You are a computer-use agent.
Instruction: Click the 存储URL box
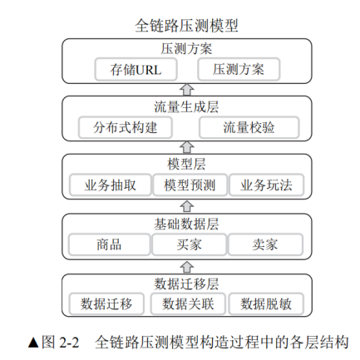(136, 69)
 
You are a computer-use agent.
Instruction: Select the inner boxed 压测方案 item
(239, 69)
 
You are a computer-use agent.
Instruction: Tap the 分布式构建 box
(126, 127)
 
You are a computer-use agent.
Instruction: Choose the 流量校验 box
(249, 127)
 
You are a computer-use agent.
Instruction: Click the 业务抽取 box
(111, 185)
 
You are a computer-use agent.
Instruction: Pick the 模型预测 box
(190, 185)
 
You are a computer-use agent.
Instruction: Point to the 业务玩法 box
(266, 185)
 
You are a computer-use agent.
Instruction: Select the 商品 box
(109, 244)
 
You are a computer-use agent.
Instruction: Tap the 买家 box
(190, 244)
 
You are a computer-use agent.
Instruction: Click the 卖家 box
(265, 244)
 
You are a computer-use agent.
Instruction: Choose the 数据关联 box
(188, 303)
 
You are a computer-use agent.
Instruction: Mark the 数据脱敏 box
(266, 303)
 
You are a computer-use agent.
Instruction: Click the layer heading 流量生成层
(186, 107)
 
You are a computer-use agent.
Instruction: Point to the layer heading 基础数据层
(186, 224)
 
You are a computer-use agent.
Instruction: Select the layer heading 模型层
(186, 164)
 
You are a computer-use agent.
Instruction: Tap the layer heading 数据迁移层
(186, 284)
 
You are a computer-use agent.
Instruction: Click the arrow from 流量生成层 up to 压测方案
(187, 90)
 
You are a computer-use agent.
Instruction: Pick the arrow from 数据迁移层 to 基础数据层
(187, 267)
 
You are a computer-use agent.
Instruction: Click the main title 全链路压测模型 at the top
(186, 26)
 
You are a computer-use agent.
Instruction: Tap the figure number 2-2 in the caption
(69, 342)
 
